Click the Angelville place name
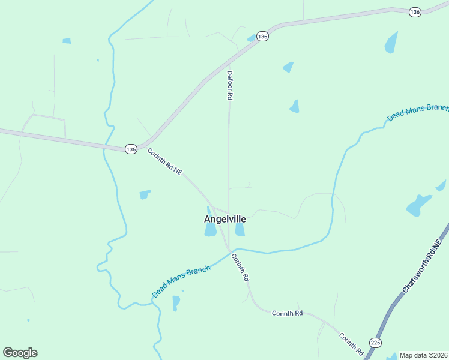point(225,219)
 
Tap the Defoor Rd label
point(229,85)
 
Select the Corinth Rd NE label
point(164,162)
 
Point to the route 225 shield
point(375,343)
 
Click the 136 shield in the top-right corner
point(414,12)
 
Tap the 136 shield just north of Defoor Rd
point(262,37)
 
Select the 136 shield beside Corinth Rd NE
point(131,148)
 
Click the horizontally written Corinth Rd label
point(287,313)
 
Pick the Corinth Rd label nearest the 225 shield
point(351,343)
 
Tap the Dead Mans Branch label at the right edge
point(417,112)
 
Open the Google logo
point(20,353)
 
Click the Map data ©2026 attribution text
point(423,355)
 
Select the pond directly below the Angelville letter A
point(210,230)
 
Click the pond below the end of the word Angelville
point(240,230)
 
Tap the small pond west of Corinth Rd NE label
point(145,194)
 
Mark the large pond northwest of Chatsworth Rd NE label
point(418,205)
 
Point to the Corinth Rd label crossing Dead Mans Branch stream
point(240,268)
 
